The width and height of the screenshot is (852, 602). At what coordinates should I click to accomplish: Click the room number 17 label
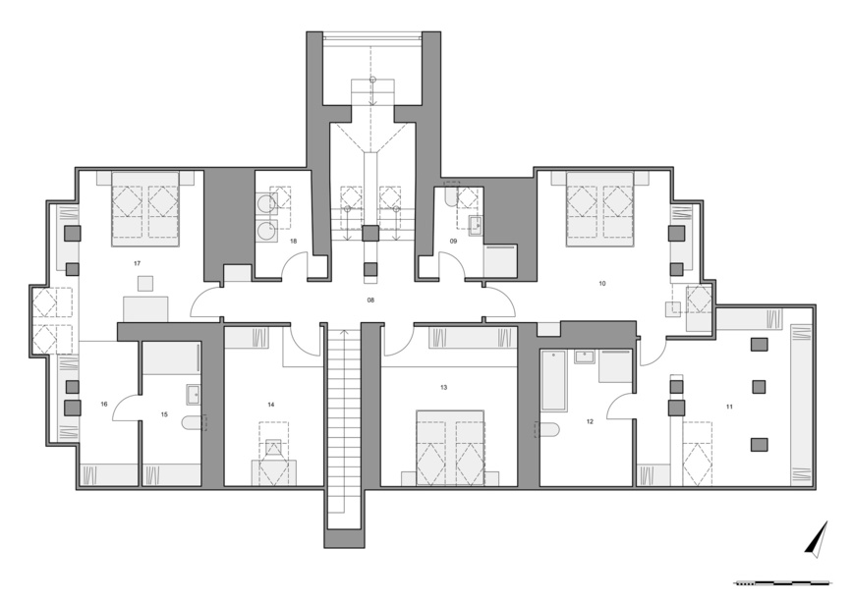137,263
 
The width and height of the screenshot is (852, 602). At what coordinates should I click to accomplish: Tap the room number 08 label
371,300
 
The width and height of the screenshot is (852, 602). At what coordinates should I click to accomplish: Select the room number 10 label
601,284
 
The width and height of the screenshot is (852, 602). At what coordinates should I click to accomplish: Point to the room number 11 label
729,406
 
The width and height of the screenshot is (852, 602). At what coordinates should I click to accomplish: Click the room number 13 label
444,388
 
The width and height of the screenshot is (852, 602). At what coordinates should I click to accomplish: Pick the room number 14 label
271,405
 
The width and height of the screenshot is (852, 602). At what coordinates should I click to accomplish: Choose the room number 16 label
104,404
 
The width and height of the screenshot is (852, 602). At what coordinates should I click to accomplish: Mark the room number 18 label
294,241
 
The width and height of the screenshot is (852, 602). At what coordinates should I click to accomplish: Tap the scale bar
782,583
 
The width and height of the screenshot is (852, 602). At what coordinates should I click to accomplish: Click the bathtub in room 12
553,381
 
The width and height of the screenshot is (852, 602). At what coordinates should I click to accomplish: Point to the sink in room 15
194,395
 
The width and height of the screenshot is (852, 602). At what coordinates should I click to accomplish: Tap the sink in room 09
477,225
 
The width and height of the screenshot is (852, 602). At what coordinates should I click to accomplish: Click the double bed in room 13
450,449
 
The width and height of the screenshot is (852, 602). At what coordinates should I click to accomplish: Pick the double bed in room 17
145,209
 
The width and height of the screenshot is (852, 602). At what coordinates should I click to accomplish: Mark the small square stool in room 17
145,284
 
